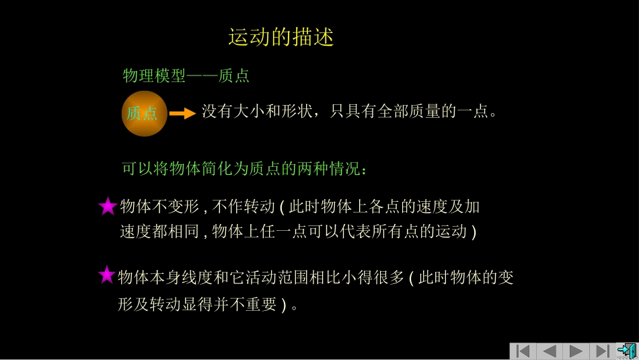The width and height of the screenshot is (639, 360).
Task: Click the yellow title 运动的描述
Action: tap(281, 37)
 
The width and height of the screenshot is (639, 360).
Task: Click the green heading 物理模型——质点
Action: tap(186, 76)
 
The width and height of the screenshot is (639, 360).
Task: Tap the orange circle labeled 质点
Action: tap(144, 113)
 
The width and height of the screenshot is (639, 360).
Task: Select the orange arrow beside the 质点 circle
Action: tap(182, 114)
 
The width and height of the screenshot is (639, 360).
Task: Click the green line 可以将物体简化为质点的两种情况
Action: tap(245, 168)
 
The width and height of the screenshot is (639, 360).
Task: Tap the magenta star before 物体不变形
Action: tap(108, 207)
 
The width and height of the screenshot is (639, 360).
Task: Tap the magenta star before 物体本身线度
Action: tap(106, 275)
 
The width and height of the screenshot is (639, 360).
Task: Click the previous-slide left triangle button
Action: tap(549, 351)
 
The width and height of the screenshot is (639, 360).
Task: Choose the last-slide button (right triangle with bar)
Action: tap(602, 351)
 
